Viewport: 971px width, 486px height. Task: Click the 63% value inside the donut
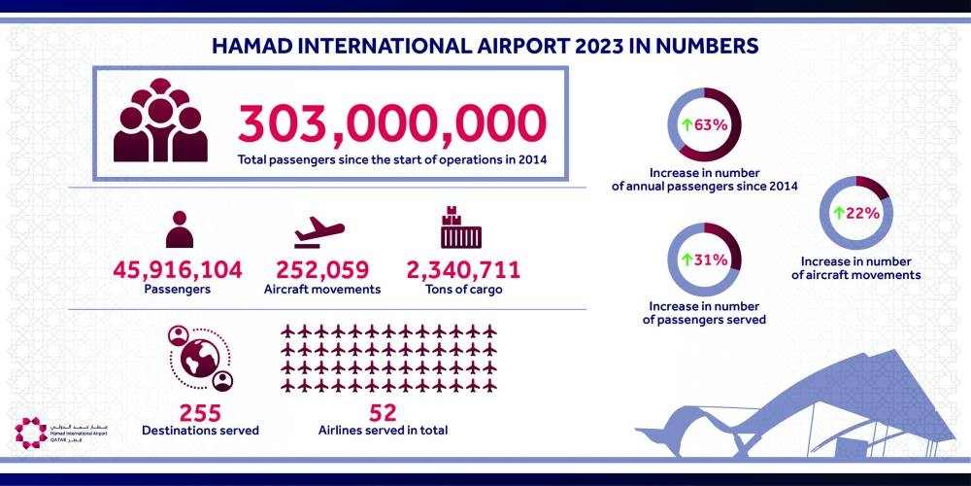711,125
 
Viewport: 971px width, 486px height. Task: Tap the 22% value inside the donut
860,212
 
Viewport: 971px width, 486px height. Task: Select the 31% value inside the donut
711,260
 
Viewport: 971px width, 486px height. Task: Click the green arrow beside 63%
686,125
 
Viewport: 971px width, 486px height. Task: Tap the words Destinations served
200,429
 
